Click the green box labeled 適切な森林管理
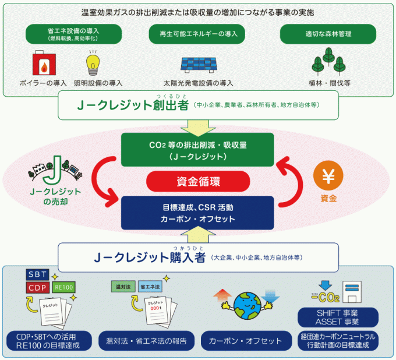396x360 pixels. pyautogui.click(x=328, y=34)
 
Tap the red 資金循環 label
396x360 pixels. pyautogui.click(x=198, y=181)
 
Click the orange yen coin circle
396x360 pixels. pyautogui.click(x=328, y=174)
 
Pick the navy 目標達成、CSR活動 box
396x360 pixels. pyautogui.click(x=197, y=213)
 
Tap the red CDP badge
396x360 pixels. pyautogui.click(x=38, y=287)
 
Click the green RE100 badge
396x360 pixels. pyautogui.click(x=65, y=287)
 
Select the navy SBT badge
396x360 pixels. pyautogui.click(x=39, y=274)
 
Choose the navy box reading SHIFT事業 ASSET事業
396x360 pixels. pyautogui.click(x=336, y=317)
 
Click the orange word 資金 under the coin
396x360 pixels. pyautogui.click(x=328, y=199)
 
